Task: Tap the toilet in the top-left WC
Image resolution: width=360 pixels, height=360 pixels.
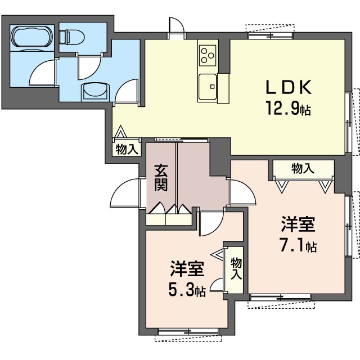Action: tap(70, 37)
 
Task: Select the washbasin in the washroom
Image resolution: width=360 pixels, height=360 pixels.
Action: tap(94, 91)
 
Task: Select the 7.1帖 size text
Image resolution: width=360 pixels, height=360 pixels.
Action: tap(298, 246)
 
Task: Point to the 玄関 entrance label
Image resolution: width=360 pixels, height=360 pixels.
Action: tap(161, 175)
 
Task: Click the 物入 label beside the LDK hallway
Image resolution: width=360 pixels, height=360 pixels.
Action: tap(127, 150)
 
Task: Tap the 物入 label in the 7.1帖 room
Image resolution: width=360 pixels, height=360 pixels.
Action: tap(303, 168)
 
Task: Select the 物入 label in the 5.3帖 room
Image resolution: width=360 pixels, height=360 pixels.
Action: tap(236, 269)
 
